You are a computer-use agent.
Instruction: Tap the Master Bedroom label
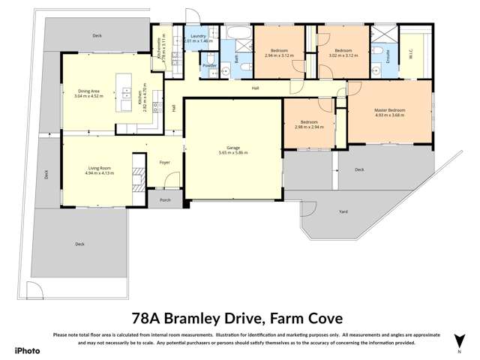click(389, 110)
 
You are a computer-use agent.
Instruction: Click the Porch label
click(164, 200)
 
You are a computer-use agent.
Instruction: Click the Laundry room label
click(198, 36)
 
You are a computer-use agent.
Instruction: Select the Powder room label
click(209, 65)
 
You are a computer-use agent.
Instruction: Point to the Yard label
click(343, 212)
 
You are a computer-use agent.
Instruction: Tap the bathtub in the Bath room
click(240, 34)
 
